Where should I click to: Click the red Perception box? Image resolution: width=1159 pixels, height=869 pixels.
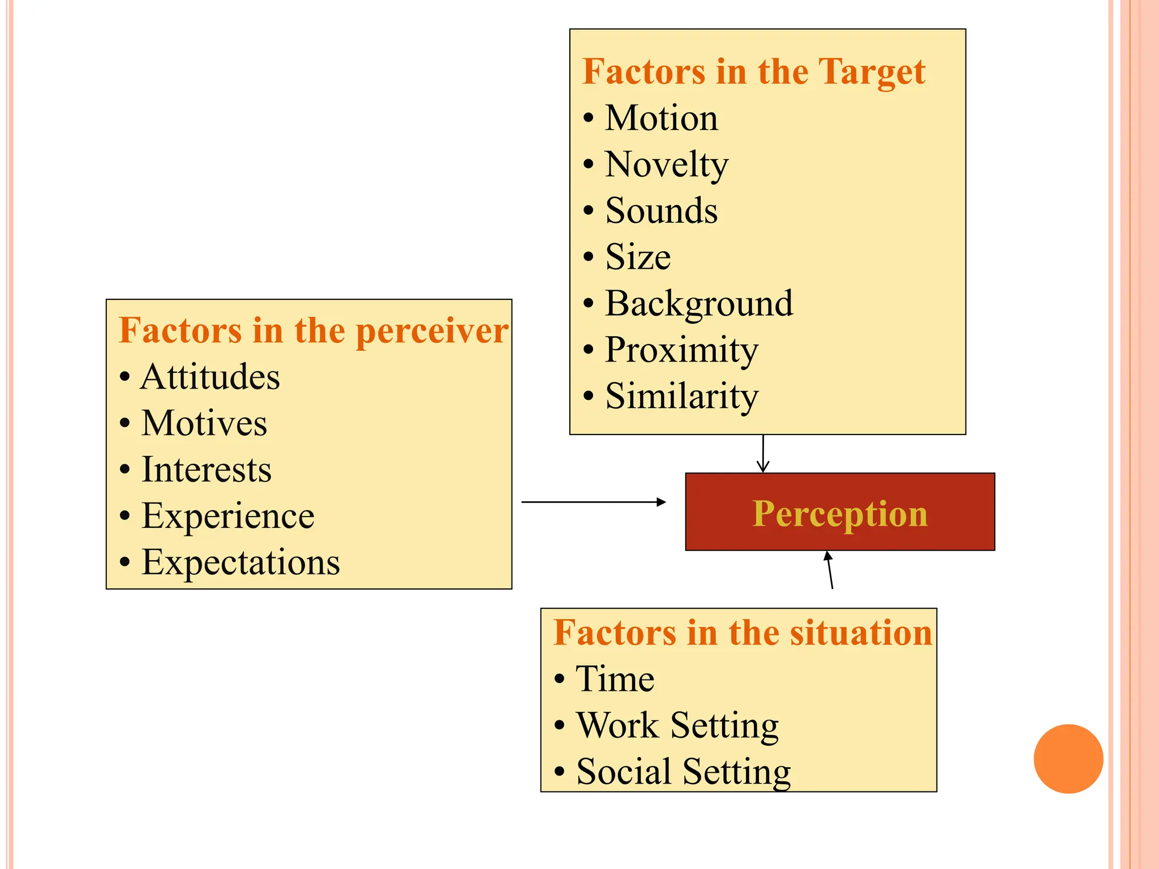coord(840,512)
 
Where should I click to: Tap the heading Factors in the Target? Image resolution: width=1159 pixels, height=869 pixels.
coord(754,72)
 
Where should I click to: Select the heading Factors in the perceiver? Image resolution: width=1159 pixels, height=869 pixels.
coord(314,331)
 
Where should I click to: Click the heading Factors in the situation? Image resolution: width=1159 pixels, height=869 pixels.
coord(742,633)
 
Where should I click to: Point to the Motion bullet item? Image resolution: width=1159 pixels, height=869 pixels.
coord(661,118)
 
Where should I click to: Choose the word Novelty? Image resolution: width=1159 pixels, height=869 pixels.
coord(667,165)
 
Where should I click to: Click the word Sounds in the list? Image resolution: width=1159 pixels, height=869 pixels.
coord(661,211)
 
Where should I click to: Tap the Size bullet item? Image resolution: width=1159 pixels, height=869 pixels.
coord(638,257)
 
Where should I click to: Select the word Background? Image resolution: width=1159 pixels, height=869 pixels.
coord(699,304)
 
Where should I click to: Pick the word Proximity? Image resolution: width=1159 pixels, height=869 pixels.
coord(681,350)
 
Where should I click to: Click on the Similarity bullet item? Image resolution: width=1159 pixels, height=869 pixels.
coord(681,396)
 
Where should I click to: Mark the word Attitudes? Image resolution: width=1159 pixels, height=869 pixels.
coord(210,377)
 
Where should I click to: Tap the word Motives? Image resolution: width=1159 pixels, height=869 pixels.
coord(204,424)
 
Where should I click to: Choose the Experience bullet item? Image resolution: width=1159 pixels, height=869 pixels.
coord(227,516)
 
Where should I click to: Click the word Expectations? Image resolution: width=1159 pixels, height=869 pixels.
coord(241,562)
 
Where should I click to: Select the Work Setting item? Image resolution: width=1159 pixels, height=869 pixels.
coord(677,725)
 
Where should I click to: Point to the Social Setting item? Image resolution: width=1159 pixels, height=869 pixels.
coord(683,772)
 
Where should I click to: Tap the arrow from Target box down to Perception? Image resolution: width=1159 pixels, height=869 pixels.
coord(763,453)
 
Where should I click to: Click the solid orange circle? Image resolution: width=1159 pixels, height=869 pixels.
coord(1068,759)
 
